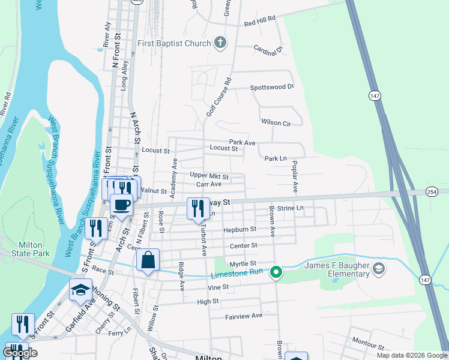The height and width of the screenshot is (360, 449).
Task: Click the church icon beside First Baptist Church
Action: coord(221,43)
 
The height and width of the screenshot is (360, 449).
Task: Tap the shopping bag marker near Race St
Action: coord(148,260)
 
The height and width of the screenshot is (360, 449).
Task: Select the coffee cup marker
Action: coord(121,204)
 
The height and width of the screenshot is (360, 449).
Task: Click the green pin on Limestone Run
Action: coord(276,273)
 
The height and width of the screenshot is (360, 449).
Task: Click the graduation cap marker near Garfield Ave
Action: coord(80,290)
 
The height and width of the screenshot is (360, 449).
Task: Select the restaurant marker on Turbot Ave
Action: coord(198,208)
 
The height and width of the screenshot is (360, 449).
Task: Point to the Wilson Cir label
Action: coord(276,122)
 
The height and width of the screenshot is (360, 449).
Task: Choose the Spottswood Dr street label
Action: coord(271,88)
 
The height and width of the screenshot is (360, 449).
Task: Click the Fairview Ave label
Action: coord(244,316)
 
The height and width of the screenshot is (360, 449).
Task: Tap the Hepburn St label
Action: coord(240,230)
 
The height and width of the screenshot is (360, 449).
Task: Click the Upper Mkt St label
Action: coord(209,176)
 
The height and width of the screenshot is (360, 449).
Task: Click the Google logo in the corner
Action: coord(20,353)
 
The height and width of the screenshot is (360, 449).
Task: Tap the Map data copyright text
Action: coord(412,355)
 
